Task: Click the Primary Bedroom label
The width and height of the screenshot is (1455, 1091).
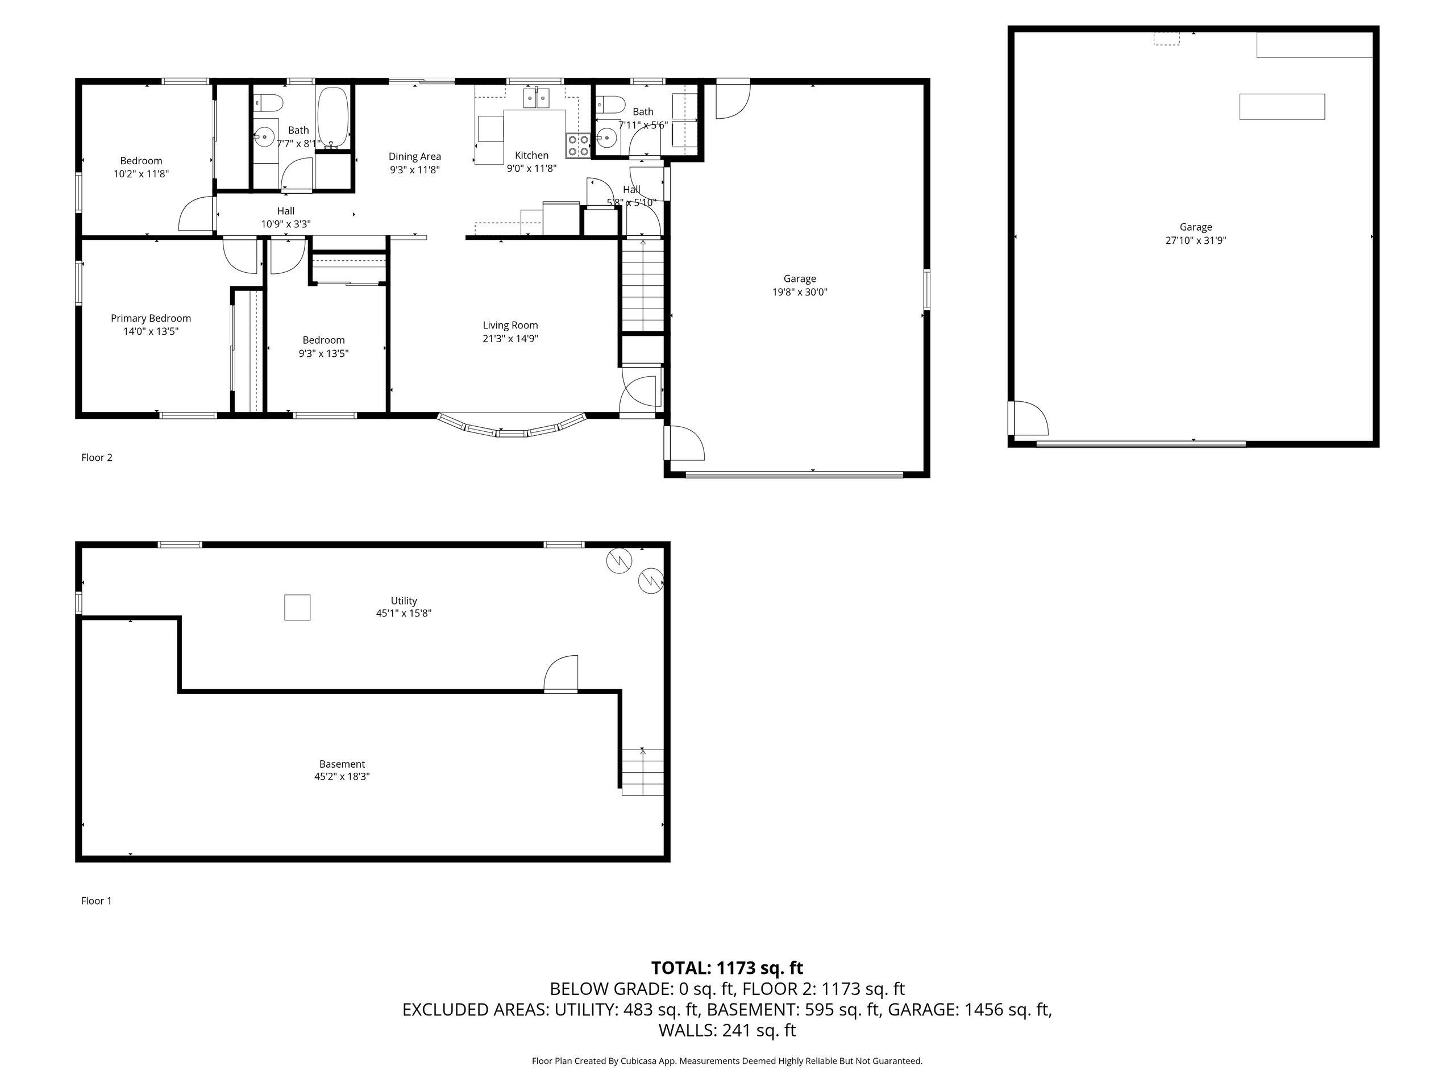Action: (151, 318)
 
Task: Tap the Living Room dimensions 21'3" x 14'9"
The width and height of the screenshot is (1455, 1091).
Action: (510, 339)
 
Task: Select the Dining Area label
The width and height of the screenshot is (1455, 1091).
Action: (414, 156)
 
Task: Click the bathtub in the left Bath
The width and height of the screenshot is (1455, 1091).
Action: (333, 118)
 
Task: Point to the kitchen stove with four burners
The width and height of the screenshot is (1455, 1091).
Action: (577, 145)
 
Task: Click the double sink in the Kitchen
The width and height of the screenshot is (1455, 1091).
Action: (537, 98)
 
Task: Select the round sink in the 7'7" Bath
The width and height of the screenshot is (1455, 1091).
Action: (264, 138)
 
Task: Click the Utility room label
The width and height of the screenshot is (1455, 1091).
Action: (404, 601)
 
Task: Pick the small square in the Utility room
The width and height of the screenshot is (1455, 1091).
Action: (297, 607)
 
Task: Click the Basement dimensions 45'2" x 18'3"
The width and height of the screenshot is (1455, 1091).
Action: (342, 777)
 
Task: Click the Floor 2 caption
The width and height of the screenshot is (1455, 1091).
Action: (97, 457)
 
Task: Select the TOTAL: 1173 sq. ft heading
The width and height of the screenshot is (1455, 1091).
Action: (727, 968)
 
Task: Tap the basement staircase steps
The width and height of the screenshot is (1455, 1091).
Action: (643, 772)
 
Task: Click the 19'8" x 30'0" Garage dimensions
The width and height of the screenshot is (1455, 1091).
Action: (800, 292)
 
